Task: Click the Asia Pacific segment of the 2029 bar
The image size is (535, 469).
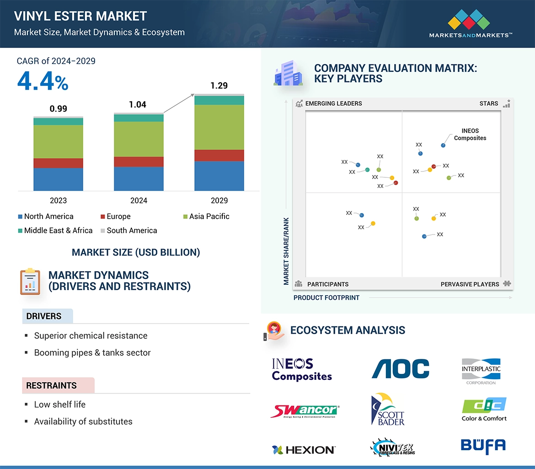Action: click(219, 127)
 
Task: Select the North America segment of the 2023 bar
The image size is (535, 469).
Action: click(58, 179)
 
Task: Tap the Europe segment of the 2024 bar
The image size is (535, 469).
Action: click(139, 161)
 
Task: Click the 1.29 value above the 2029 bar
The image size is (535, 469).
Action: click(219, 85)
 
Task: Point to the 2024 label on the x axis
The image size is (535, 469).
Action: click(139, 200)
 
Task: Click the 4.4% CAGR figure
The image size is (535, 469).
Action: click(43, 82)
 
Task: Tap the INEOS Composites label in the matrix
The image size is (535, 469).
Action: click(470, 134)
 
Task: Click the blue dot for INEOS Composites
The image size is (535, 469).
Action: click(443, 145)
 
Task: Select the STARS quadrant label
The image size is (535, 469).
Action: click(489, 103)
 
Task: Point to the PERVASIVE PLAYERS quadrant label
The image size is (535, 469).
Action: click(470, 284)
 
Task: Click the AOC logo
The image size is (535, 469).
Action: click(400, 369)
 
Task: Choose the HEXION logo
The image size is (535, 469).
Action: click(304, 450)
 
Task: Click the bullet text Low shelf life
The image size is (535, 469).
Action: click(59, 405)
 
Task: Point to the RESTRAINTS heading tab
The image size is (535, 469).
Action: click(51, 385)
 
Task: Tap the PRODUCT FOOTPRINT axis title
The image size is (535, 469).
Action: click(326, 298)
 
